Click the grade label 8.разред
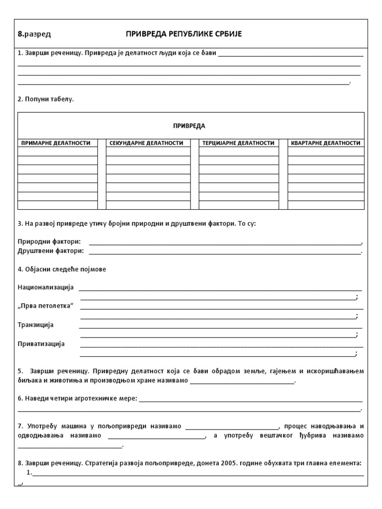pos(34,34)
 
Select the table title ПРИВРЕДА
pos(189,126)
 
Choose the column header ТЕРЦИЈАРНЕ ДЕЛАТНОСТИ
pos(238,143)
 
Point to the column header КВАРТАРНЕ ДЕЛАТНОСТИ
pos(325,143)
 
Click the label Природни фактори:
pos(49,242)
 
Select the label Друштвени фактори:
pos(51,251)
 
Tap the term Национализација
pos(46,287)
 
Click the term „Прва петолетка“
pos(46,305)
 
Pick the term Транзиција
pos(36,325)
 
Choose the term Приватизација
pos(41,343)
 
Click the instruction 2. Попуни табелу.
pos(46,99)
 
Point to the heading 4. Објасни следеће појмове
pos(62,269)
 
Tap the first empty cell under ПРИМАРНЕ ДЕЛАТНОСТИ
pos(58,151)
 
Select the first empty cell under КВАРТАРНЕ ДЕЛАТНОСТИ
pos(326,151)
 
